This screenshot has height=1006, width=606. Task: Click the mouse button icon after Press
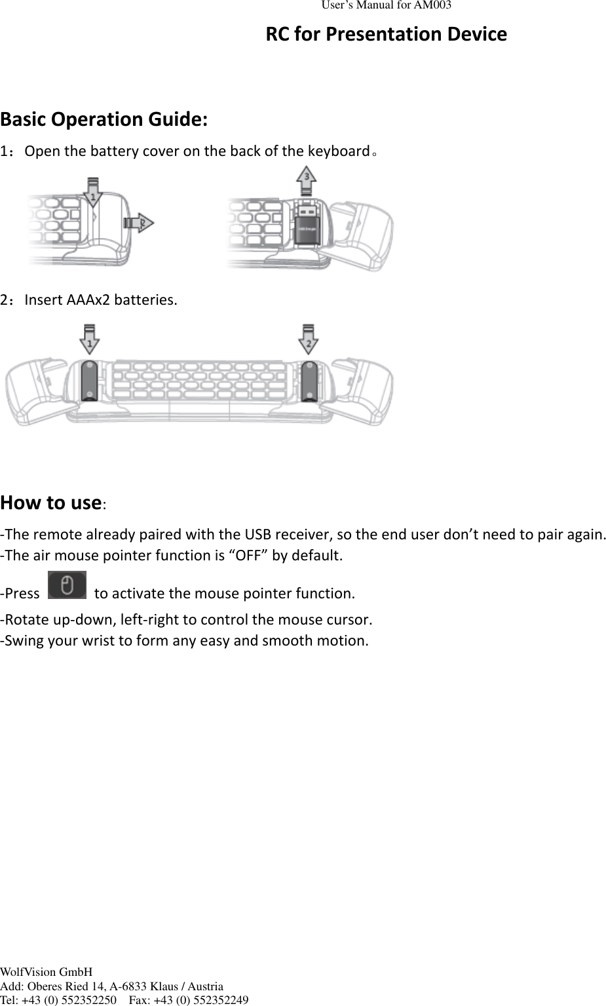coord(67,585)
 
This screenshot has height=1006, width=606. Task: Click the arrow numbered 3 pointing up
coord(306,181)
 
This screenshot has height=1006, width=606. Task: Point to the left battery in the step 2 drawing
coord(89,380)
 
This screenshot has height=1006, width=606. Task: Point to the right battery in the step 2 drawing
coord(309,380)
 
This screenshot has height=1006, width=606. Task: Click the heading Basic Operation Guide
coord(104,119)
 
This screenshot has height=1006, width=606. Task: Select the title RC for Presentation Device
coord(386,34)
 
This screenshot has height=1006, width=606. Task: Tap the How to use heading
coord(50,503)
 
